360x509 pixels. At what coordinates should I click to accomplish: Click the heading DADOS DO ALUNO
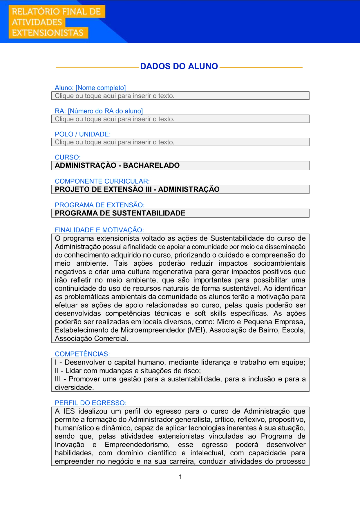[x=179, y=66]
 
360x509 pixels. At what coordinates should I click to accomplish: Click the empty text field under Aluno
[x=180, y=96]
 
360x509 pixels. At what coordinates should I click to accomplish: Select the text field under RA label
[x=180, y=119]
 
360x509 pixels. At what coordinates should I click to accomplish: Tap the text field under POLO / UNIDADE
[x=180, y=142]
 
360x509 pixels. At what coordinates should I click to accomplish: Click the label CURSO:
[x=68, y=157]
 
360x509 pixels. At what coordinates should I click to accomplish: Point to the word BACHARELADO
[x=151, y=165]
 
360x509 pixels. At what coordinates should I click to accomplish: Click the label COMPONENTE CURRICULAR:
[x=102, y=181]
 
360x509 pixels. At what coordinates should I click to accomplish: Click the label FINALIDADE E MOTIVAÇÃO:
[x=99, y=230]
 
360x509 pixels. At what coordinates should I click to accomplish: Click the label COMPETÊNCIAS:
[x=82, y=354]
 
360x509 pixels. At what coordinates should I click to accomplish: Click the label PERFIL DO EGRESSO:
[x=91, y=403]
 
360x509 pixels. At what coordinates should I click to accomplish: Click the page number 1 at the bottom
[x=180, y=477]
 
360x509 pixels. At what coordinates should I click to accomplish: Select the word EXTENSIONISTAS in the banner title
[x=48, y=33]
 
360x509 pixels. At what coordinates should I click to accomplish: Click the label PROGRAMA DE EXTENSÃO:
[x=100, y=205]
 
